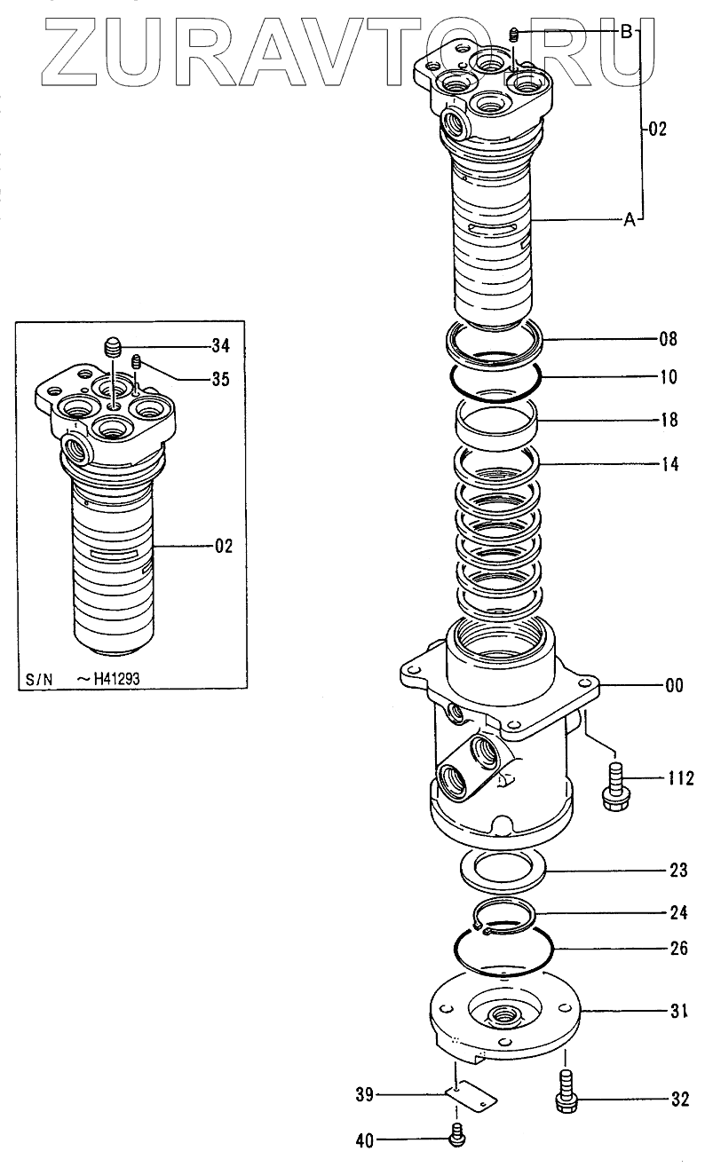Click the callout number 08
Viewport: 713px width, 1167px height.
(x=668, y=338)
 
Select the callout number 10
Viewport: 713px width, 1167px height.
(x=668, y=376)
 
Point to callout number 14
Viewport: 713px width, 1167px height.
(x=668, y=462)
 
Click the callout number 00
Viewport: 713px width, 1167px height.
(x=674, y=685)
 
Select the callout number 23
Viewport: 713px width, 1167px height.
(x=678, y=871)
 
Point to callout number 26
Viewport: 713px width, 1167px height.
(x=678, y=947)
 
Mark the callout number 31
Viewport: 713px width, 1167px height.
(x=678, y=1009)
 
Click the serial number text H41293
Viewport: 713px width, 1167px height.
(x=110, y=680)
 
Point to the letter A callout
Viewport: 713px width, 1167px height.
(x=629, y=221)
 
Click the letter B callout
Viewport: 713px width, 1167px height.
(x=626, y=32)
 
